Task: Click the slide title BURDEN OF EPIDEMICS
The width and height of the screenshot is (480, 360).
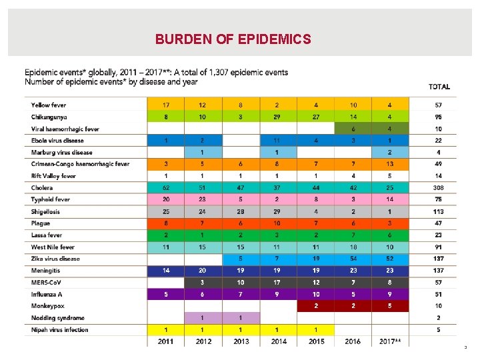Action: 233,39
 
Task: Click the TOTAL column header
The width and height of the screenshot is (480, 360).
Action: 439,87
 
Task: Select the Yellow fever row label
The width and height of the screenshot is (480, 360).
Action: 49,105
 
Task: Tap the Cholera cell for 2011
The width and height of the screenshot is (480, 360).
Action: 165,188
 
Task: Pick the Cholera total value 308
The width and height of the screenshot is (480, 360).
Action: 438,188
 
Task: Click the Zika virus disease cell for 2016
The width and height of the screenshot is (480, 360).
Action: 353,259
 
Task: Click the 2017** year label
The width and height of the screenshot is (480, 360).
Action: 389,341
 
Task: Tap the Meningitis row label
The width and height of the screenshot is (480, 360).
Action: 45,271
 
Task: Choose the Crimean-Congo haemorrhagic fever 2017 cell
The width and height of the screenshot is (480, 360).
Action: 389,164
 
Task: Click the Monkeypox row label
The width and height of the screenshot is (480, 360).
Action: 47,306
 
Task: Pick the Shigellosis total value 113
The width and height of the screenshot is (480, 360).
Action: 438,212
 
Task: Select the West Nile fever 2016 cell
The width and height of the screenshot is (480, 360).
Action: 353,247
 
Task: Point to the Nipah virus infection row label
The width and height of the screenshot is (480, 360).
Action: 59,330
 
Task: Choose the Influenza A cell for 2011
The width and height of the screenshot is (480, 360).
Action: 165,294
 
